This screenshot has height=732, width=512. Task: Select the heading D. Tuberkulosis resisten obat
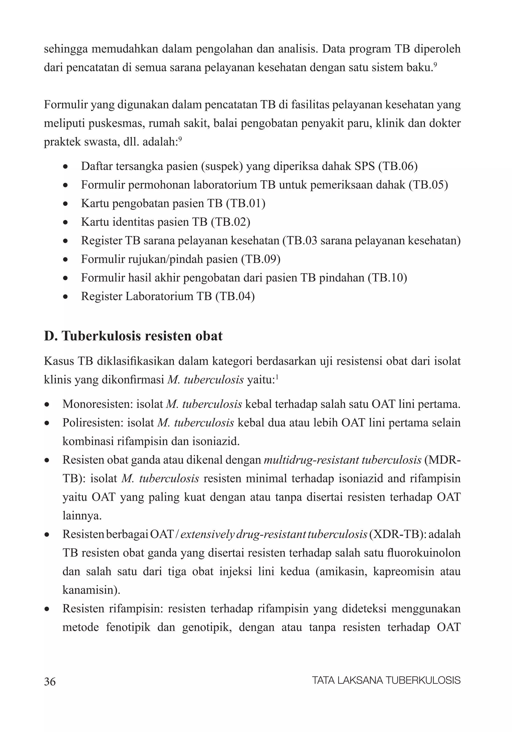133,336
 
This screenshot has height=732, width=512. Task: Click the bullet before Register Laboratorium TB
65,297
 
